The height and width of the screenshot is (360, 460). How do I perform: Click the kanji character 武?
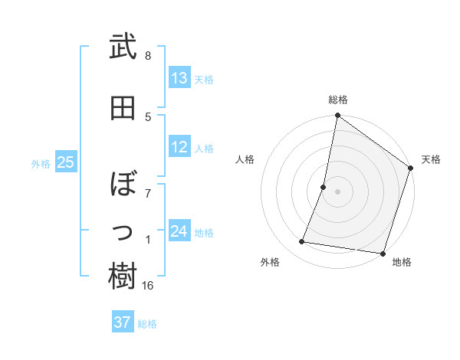tap(123, 47)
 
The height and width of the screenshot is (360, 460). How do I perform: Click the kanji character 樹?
tap(123, 277)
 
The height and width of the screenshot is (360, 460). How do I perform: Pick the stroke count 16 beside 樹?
tap(149, 286)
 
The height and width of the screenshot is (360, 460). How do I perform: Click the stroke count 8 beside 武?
tap(148, 56)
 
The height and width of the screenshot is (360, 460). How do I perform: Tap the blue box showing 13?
tap(179, 78)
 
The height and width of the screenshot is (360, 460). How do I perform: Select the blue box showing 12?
tap(179, 148)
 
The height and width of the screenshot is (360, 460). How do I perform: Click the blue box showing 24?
tap(179, 231)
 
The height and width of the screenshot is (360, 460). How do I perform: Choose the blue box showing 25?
tap(65, 162)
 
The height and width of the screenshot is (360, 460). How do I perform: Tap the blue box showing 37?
tap(122, 322)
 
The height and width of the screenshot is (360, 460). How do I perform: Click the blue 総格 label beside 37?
tap(147, 324)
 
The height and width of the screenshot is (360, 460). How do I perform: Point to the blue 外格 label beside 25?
tap(41, 163)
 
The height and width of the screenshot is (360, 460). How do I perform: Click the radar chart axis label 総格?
tap(338, 100)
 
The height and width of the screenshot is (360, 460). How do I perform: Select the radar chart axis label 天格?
tap(431, 159)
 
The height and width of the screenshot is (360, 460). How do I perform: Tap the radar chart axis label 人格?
tap(245, 159)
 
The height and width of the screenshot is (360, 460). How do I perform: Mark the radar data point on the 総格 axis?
tap(337, 116)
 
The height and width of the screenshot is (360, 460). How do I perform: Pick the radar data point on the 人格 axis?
tap(324, 187)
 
